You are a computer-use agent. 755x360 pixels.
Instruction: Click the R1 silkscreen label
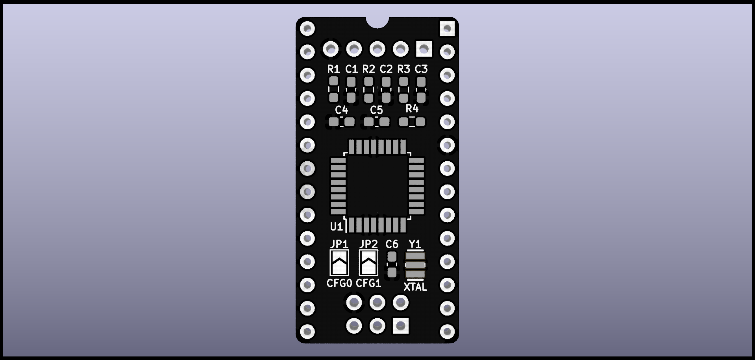click(x=333, y=69)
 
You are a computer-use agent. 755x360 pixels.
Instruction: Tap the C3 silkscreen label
click(x=421, y=69)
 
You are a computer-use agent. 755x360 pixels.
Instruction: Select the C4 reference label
click(x=341, y=110)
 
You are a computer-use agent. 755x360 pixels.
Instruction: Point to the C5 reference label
click(x=376, y=110)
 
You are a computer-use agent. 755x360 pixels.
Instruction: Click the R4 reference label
click(x=412, y=108)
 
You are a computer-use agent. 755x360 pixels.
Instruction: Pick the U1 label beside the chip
click(x=336, y=227)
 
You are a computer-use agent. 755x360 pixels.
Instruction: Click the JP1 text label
click(x=339, y=244)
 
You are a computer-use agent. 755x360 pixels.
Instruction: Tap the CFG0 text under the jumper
click(x=339, y=283)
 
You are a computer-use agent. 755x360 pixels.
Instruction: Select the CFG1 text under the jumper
click(x=368, y=283)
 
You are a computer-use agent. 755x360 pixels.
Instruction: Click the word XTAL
click(x=415, y=287)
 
